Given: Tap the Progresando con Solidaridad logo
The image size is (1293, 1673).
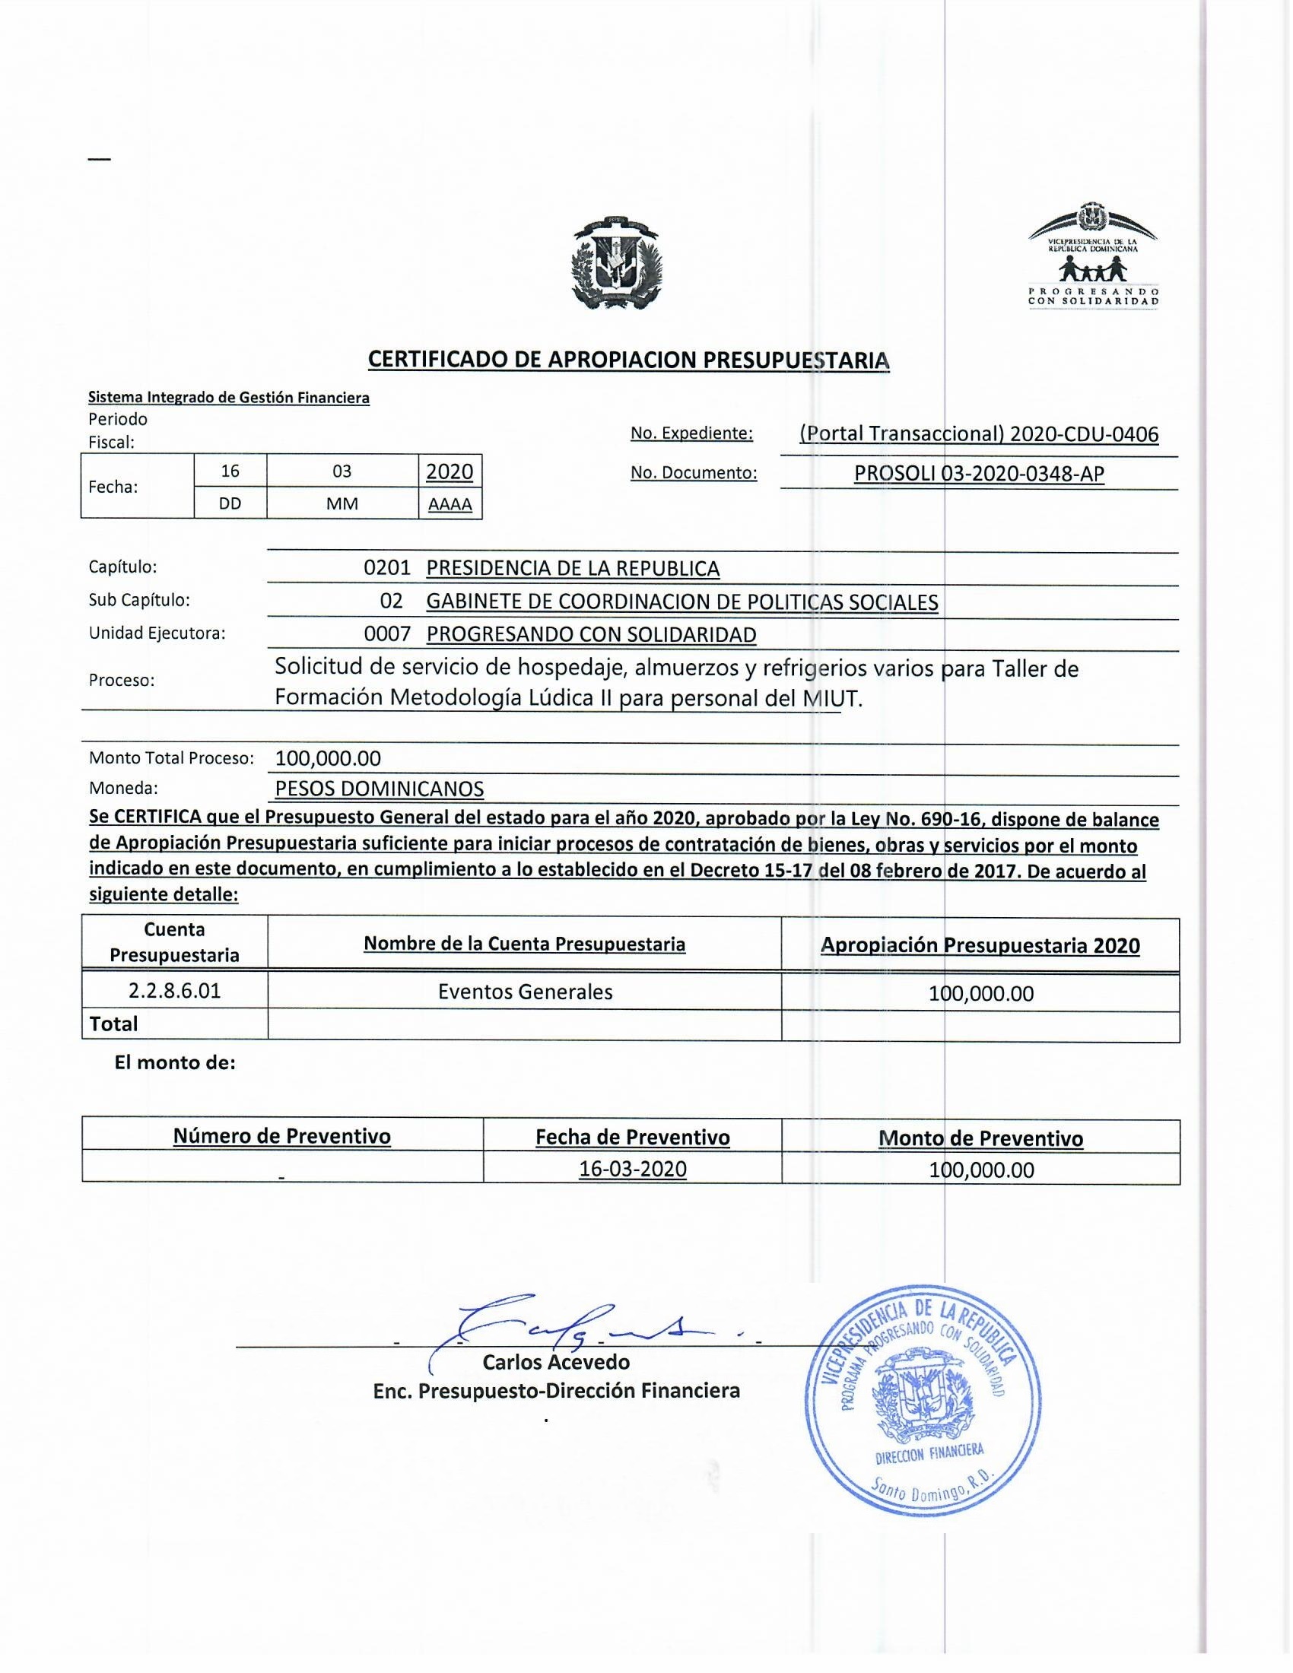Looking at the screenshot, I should pyautogui.click(x=1093, y=255).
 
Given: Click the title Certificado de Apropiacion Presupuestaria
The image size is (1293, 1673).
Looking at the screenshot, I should pyautogui.click(x=628, y=360).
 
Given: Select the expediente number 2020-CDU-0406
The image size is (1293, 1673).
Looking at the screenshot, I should pyautogui.click(x=1084, y=434).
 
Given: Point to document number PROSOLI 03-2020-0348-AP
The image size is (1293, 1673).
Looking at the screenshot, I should pyautogui.click(x=979, y=475).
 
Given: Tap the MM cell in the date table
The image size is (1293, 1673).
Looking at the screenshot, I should pyautogui.click(x=342, y=504).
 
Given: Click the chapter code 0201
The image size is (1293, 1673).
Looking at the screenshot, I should pyautogui.click(x=388, y=568).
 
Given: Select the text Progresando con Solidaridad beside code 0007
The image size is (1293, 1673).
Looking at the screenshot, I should pyautogui.click(x=590, y=634).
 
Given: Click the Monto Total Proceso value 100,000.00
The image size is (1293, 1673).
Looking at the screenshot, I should pyautogui.click(x=328, y=758).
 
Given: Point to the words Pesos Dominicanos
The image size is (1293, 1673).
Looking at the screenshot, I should pyautogui.click(x=380, y=789).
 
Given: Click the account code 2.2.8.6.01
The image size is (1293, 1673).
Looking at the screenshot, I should pyautogui.click(x=175, y=990).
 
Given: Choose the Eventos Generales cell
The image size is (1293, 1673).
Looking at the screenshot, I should pyautogui.click(x=525, y=992).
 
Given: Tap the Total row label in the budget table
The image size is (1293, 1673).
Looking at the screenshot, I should pyautogui.click(x=113, y=1024).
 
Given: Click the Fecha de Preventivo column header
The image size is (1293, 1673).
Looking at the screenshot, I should pyautogui.click(x=632, y=1138).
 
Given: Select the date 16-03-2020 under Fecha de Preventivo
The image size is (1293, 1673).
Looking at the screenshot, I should pyautogui.click(x=633, y=1169).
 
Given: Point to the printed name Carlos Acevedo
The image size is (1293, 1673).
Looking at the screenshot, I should pyautogui.click(x=556, y=1362).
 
